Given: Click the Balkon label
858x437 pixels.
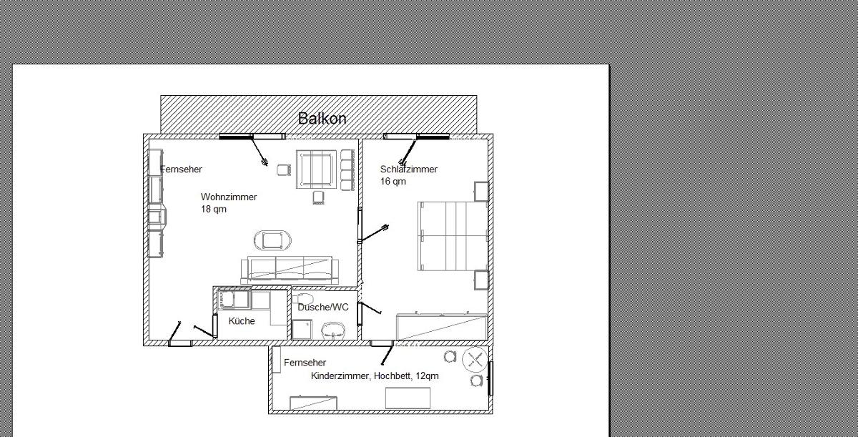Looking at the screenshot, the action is click(322, 118).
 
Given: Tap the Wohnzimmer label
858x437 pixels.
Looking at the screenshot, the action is click(229, 197).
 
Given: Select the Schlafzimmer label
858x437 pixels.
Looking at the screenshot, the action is click(409, 170).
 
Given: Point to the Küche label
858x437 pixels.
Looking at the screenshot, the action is click(242, 321).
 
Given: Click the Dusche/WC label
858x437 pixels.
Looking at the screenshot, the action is click(323, 307).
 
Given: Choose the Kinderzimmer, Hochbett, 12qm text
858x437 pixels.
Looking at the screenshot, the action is click(375, 376).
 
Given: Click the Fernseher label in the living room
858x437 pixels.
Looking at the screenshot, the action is click(181, 170).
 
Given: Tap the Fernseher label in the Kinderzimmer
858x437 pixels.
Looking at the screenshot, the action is click(305, 363).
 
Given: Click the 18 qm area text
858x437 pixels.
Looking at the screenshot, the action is click(214, 210).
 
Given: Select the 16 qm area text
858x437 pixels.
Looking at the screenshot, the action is click(393, 182).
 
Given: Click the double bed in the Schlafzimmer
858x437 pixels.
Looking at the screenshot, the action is click(453, 236).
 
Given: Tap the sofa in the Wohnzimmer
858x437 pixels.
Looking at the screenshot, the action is click(290, 270).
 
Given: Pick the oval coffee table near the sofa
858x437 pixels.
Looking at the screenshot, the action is click(272, 240).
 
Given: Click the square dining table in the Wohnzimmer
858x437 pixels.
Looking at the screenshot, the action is click(316, 170).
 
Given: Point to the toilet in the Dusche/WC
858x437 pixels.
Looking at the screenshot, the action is click(303, 299).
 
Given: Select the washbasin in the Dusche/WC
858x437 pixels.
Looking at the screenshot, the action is click(333, 330).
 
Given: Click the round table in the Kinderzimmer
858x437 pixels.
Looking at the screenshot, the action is click(475, 360).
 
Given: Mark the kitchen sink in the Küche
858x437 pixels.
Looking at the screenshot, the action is click(235, 300).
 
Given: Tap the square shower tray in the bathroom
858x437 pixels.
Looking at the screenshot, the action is click(302, 330).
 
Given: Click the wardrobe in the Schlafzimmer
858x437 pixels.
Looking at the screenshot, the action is click(442, 327).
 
